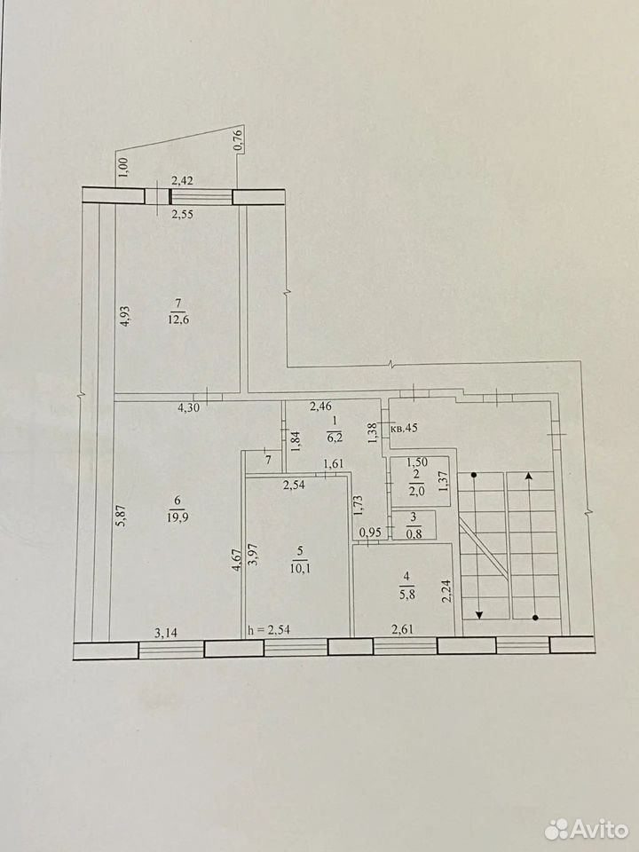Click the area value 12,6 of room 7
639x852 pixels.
178,319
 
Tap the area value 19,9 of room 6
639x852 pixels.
178,517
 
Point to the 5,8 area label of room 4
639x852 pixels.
407,594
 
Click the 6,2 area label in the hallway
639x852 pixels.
335,436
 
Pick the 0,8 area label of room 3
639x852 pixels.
414,533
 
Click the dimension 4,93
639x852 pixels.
124,316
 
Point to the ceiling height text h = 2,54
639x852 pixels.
268,630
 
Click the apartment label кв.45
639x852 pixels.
404,428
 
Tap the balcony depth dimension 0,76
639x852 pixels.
237,139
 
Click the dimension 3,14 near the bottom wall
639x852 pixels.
166,632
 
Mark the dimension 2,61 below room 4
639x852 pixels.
403,630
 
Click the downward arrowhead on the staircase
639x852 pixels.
479,614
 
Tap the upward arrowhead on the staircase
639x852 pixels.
529,477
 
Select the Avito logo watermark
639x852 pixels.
586,829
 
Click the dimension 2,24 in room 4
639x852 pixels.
446,591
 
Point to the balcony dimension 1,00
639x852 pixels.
122,166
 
